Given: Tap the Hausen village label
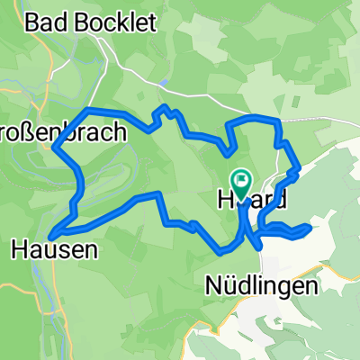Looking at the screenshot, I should [x=54, y=247].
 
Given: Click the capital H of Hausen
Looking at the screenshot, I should [x=19, y=247].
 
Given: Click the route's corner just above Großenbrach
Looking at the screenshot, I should [x=87, y=111].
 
